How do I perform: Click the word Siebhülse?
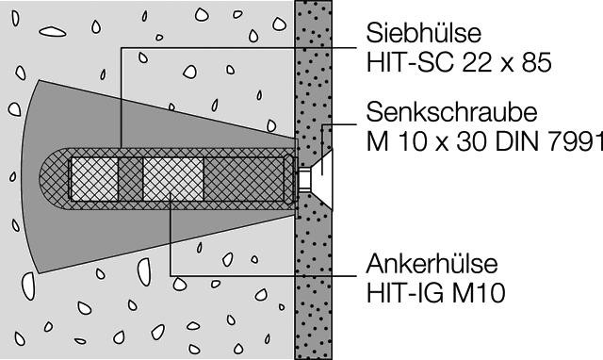[423, 33]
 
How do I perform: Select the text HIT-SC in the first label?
[410, 62]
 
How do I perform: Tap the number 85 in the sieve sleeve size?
[537, 62]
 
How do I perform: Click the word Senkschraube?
[451, 112]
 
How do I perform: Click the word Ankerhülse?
[432, 264]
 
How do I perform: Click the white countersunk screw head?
[323, 179]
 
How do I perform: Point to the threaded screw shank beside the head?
[304, 179]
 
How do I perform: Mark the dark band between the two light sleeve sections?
[130, 179]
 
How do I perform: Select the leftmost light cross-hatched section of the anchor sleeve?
[94, 179]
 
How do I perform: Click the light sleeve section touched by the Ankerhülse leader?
[173, 179]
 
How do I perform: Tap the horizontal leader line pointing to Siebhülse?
[239, 48]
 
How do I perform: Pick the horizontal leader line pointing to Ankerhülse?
[264, 275]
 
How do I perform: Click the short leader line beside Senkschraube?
[339, 124]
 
